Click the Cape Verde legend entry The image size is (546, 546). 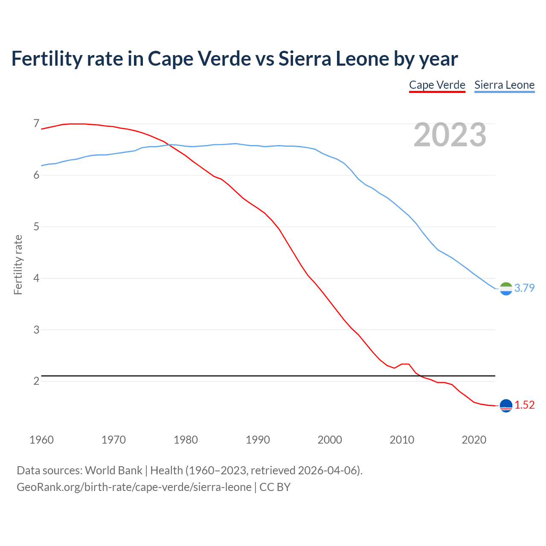click(437, 85)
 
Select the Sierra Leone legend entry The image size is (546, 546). click(504, 85)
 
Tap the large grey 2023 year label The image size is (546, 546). click(450, 135)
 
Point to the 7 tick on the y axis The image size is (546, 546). click(36, 124)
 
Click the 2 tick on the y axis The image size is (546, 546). click(36, 381)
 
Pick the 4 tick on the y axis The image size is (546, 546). click(36, 278)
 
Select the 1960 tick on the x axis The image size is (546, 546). click(41, 440)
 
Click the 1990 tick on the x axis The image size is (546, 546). click(258, 440)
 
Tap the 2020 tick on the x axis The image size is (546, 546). click(474, 440)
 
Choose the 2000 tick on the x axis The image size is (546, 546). click(330, 440)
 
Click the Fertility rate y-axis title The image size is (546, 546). click(18, 264)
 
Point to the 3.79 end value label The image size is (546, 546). click(524, 288)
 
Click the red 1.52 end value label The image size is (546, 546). click(524, 405)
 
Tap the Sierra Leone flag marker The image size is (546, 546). click(506, 289)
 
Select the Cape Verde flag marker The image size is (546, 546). click(506, 406)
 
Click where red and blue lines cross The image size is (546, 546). click(169, 145)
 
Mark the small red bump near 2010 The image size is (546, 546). click(405, 364)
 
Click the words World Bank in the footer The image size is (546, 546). click(113, 470)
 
